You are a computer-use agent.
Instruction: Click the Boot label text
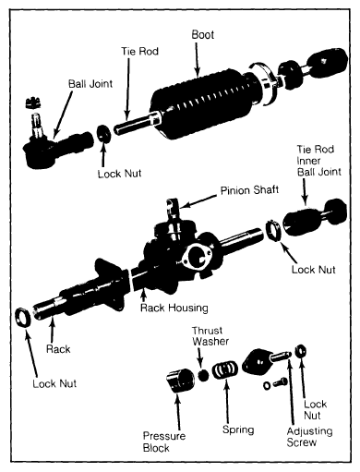click(202, 34)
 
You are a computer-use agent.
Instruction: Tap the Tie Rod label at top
click(139, 51)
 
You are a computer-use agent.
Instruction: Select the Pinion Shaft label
click(249, 190)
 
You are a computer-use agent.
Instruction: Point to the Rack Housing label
click(174, 308)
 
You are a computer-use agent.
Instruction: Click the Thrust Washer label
click(210, 335)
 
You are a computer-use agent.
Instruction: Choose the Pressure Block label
click(164, 442)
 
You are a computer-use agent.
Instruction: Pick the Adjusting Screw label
click(309, 437)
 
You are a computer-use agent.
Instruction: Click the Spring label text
click(238, 430)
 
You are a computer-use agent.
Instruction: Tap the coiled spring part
click(225, 370)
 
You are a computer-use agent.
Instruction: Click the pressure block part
click(180, 381)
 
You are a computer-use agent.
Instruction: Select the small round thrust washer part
click(203, 375)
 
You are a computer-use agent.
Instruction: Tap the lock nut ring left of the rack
click(23, 317)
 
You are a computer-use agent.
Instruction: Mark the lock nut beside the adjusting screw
click(300, 351)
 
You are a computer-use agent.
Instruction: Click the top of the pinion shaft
click(172, 202)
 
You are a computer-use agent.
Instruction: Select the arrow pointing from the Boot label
click(197, 59)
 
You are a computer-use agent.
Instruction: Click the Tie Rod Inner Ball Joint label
click(318, 161)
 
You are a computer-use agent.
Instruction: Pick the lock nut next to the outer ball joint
click(104, 134)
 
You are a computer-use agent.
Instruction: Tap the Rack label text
click(58, 349)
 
